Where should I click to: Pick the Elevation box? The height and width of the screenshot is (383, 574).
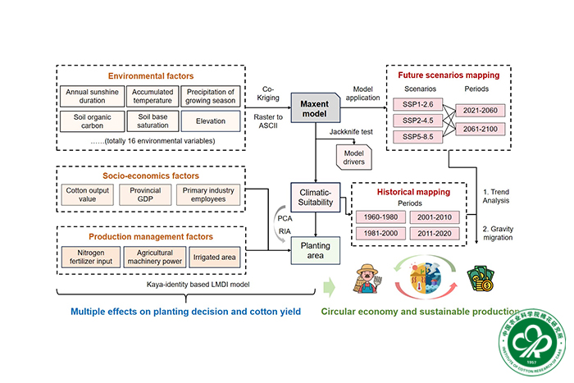pos(208,121)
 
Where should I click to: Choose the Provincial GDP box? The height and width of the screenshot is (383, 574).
pos(145,194)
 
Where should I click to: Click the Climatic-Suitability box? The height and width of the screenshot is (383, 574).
pos(315,200)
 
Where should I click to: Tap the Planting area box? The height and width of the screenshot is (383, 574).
pos(315,248)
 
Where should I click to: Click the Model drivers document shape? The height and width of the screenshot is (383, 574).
pos(354,154)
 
